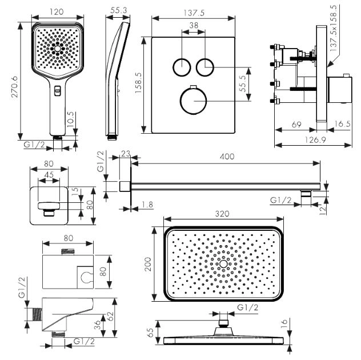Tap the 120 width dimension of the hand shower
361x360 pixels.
55,12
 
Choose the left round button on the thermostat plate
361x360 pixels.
181,67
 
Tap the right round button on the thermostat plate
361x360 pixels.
204,67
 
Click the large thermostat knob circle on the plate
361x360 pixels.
192,102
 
